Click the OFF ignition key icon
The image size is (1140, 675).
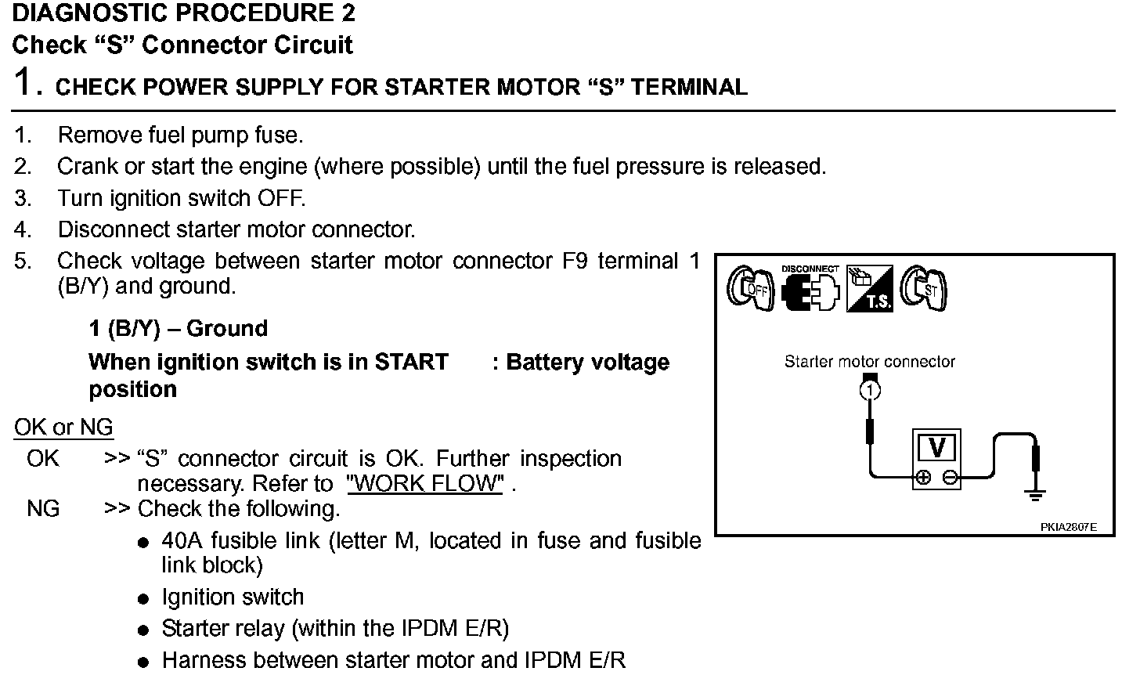coord(749,287)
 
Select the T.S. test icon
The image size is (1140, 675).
coord(870,289)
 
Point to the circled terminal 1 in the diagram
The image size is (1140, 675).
coord(870,389)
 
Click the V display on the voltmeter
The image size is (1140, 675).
coord(936,447)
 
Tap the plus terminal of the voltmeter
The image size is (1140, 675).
coord(923,477)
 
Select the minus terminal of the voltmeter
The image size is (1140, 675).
coord(949,477)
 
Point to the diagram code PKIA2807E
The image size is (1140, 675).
coord(1068,527)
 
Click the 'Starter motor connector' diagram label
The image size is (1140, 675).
coord(869,362)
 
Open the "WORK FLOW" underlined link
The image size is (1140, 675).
coord(425,483)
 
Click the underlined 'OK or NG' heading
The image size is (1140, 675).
coord(63,428)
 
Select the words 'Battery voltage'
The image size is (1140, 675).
coord(587,363)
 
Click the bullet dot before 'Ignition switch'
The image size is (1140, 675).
coord(142,599)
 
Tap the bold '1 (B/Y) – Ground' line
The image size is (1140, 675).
coord(178,328)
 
